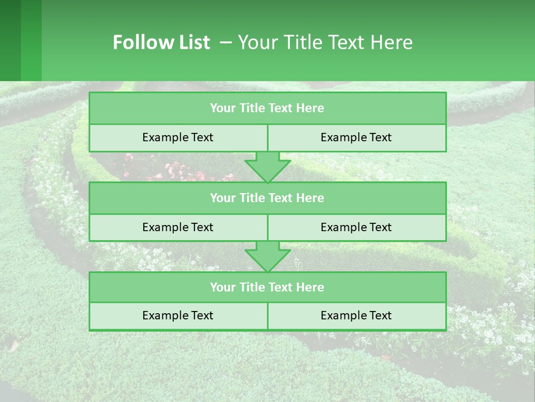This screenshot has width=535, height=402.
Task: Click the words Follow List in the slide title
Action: coord(161,42)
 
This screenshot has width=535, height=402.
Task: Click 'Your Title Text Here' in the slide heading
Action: coord(325,42)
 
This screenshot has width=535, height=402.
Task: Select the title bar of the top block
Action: coord(267,108)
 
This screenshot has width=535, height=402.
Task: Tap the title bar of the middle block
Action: coord(267,198)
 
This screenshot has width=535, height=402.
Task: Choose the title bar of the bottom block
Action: coord(267,287)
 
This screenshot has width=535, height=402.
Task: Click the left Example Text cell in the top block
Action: coord(178,137)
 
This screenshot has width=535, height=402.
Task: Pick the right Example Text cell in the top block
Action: coord(356,137)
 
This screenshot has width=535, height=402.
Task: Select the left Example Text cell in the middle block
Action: coord(178,227)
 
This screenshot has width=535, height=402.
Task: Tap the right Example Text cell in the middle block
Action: coord(356,227)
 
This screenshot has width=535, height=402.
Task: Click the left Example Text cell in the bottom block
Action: coord(178,315)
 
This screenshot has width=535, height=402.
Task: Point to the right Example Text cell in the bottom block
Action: coord(356,315)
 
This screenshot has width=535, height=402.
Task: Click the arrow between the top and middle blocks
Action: coord(267,167)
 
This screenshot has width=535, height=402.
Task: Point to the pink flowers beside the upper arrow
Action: coord(167,170)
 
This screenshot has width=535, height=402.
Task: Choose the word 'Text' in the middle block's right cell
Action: coord(380,227)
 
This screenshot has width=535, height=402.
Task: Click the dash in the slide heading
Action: coord(226,42)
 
